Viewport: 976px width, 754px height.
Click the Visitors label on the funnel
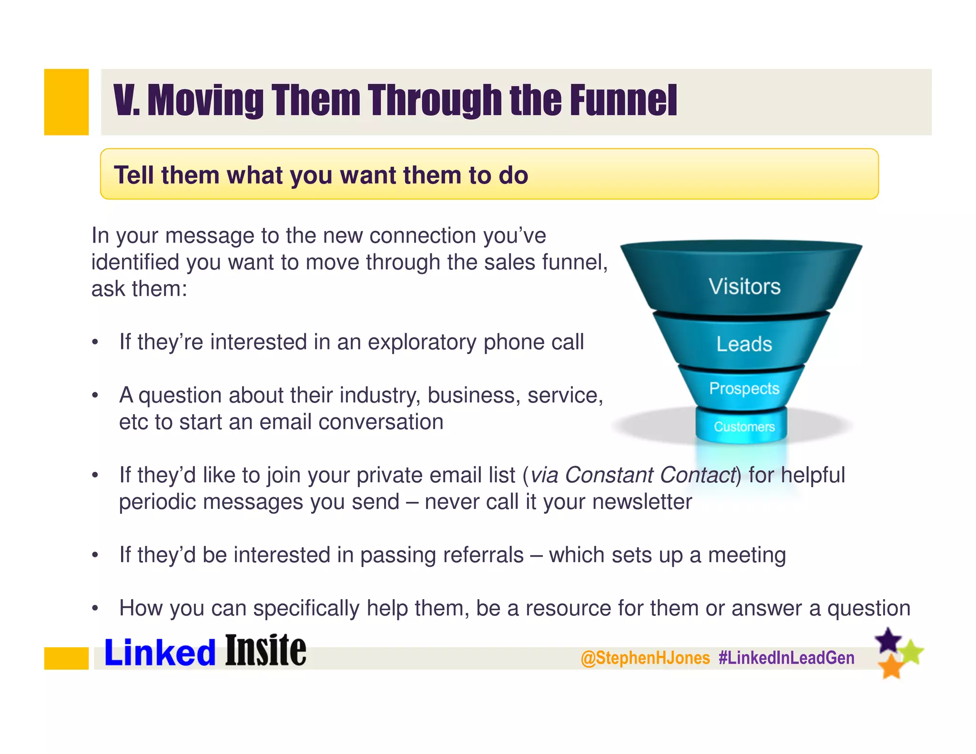point(744,286)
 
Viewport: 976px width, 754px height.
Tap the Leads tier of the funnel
point(744,344)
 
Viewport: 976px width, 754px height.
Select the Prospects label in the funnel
point(744,388)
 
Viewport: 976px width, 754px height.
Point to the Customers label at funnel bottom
point(744,427)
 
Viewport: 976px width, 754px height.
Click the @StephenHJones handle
point(645,658)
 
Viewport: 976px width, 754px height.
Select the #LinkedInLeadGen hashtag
point(786,658)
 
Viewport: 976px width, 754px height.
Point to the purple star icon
point(888,640)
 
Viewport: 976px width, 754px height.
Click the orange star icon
point(890,666)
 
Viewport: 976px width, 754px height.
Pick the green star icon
point(912,652)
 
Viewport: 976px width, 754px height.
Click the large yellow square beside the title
point(66,102)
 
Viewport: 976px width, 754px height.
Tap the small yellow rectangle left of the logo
point(66,658)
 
